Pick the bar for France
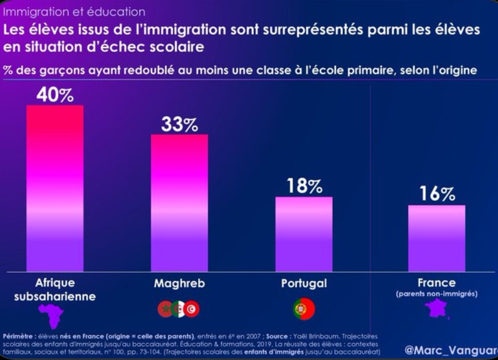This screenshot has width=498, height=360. tap(436, 238)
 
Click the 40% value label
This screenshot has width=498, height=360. tap(55, 95)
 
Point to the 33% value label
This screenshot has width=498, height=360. tap(179, 124)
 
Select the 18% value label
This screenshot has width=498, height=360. tap(304, 186)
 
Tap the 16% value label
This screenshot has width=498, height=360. tap(437, 194)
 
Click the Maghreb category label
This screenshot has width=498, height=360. tap(179, 283)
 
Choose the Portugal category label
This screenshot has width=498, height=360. tap(304, 283)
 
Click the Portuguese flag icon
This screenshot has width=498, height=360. tap(305, 309)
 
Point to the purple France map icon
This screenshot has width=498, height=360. tap(436, 309)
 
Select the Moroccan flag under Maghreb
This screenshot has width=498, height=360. tap(165, 309)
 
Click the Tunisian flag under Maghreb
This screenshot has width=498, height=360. tap(192, 309)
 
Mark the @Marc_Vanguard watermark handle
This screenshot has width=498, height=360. tap(451, 350)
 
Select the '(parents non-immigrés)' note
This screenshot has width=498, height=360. tap(436, 294)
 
